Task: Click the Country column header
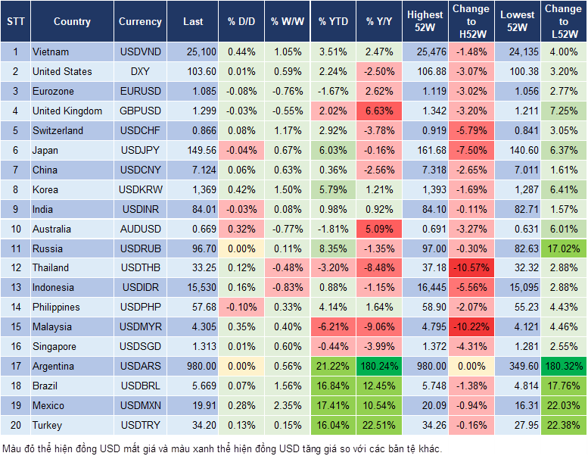tap(72, 22)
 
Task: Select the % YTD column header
tap(333, 22)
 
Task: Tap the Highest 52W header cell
tap(425, 21)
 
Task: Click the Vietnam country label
tap(51, 52)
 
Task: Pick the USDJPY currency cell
tap(139, 150)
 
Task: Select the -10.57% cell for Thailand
tap(471, 268)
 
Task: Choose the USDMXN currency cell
tap(140, 406)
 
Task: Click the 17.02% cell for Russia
tap(563, 248)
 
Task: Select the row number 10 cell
tap(14, 229)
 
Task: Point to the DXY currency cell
tap(140, 71)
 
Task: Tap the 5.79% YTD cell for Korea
tap(333, 189)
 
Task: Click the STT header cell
tap(14, 22)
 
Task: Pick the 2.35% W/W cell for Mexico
tap(285, 406)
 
